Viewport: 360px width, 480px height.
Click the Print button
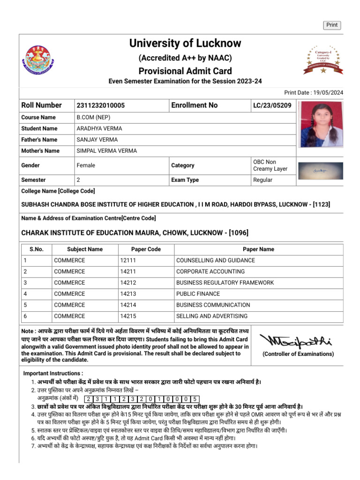click(332, 25)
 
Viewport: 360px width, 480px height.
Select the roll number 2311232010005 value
click(101, 105)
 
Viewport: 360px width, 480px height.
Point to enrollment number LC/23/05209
click(272, 105)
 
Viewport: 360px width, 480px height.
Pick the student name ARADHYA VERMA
click(99, 128)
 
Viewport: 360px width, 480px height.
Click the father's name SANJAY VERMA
click(97, 140)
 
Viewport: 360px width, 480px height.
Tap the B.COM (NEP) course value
click(93, 117)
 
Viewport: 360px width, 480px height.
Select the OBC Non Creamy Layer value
click(270, 165)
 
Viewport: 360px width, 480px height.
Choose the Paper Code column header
click(146, 249)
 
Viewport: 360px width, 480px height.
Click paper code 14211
click(130, 271)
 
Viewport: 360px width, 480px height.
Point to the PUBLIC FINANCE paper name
click(198, 294)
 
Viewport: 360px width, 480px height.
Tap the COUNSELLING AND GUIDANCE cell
click(215, 260)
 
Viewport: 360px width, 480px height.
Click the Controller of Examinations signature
click(298, 341)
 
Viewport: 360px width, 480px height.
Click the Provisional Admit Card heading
click(185, 71)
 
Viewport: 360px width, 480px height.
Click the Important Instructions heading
click(53, 373)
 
